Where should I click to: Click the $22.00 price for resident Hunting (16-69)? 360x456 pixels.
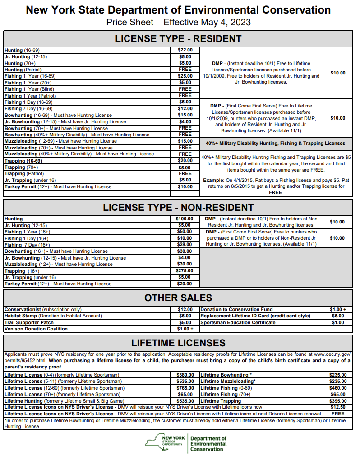click(x=185, y=50)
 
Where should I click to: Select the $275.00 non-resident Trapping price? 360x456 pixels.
click(x=185, y=271)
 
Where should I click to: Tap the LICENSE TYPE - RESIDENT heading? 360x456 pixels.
click(x=178, y=38)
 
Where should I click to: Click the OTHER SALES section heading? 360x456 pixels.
click(x=178, y=298)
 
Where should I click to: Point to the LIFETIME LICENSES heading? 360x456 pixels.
click(x=178, y=343)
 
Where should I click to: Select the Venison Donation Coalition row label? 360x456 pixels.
click(x=36, y=329)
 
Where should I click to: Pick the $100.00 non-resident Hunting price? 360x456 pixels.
click(x=185, y=219)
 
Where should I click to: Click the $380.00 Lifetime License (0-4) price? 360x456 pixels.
click(x=185, y=375)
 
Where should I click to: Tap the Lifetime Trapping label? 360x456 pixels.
click(x=221, y=401)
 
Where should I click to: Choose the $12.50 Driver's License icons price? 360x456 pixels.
click(x=338, y=407)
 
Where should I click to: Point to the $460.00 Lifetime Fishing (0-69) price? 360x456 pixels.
click(x=338, y=388)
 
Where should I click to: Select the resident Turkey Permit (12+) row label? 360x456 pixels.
click(x=58, y=186)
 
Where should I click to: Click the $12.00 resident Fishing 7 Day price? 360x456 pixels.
click(x=185, y=109)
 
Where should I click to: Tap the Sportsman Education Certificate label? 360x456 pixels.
click(x=238, y=323)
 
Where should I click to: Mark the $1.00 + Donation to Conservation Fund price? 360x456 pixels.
click(x=338, y=310)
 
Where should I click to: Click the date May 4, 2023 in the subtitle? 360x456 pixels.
click(x=226, y=22)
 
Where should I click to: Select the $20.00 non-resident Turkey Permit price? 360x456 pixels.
click(x=185, y=284)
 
